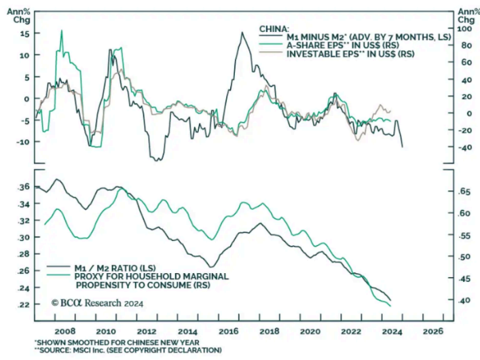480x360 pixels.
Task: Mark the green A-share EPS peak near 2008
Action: point(62,31)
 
